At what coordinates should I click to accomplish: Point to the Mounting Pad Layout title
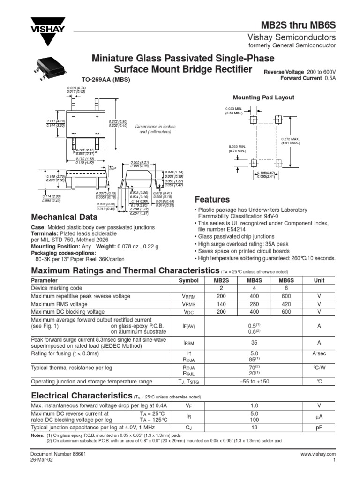tap(263, 97)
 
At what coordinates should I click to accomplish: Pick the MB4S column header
tap(254, 280)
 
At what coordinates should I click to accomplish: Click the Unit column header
tap(318, 280)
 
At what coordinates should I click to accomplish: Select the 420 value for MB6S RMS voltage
tap(286, 304)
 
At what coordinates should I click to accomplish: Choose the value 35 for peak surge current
tap(254, 343)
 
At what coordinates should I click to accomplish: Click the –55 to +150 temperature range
tap(254, 381)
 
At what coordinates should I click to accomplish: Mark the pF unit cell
tap(318, 427)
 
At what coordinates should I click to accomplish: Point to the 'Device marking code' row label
tap(56, 288)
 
